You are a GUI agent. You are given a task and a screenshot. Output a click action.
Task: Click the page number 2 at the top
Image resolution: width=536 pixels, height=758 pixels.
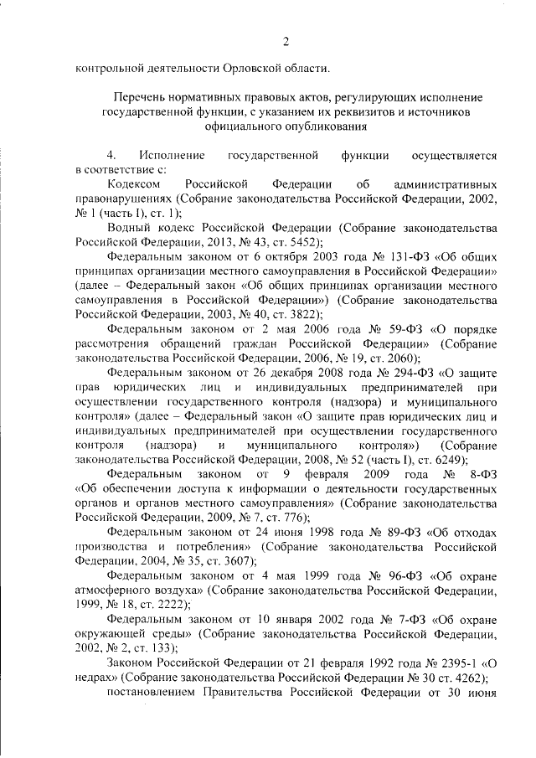coord(286,42)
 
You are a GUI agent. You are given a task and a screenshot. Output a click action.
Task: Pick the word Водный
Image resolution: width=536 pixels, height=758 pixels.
coord(128,226)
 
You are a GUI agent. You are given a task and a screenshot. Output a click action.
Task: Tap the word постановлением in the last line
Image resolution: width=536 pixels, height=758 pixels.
coord(152,692)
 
